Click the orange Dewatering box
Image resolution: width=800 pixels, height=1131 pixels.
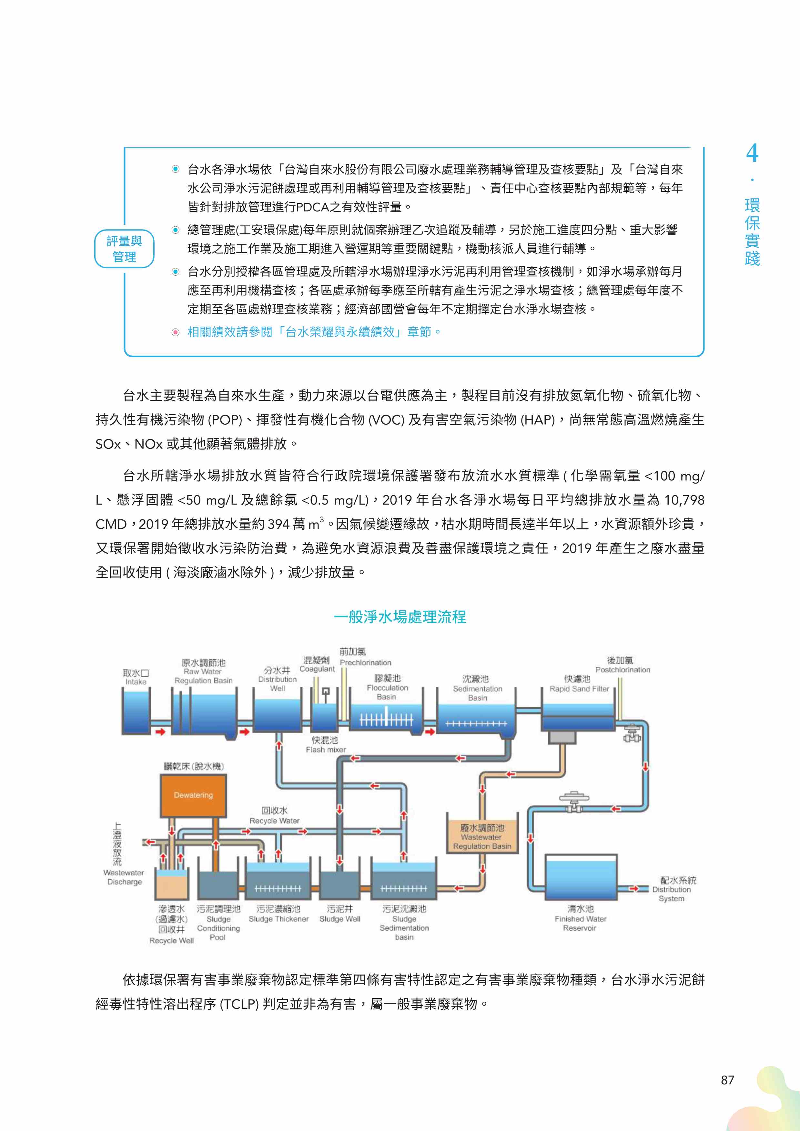193,795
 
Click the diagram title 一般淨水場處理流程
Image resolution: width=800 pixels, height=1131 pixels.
400,617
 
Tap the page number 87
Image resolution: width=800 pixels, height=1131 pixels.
727,1080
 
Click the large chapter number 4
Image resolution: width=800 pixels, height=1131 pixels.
752,154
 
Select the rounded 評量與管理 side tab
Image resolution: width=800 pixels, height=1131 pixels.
124,249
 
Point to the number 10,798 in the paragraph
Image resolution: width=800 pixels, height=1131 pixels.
684,500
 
